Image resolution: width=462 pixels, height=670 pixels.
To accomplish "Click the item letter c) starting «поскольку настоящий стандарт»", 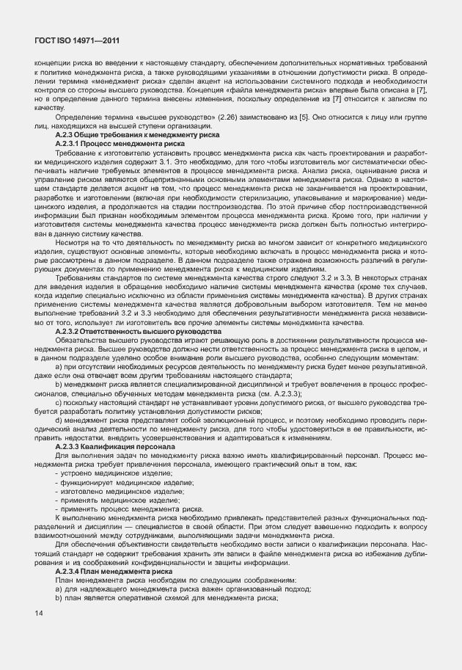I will click(x=58, y=402).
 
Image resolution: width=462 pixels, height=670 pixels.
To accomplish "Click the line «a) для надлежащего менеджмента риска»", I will click(x=183, y=589).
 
